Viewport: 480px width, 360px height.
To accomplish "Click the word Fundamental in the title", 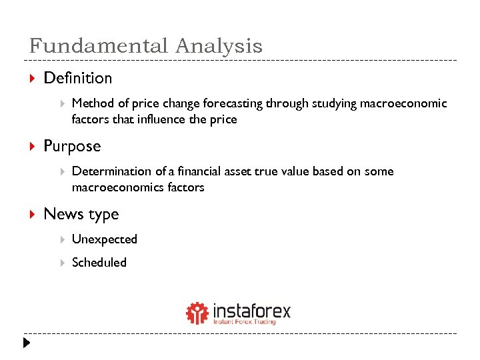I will pos(99,46).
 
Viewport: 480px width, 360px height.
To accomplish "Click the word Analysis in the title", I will pos(219,46).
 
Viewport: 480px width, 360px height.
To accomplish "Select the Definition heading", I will pos(77,78).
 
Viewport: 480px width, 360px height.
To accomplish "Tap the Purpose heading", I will pos(72,146).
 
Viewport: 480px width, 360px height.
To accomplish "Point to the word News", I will pos(61,214).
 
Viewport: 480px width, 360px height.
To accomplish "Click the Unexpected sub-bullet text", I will pos(104,239).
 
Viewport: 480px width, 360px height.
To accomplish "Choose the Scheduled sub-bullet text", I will pos(99,263).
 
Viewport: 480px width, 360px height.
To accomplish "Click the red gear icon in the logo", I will pos(197,313).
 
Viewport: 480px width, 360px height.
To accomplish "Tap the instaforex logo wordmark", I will pos(251,310).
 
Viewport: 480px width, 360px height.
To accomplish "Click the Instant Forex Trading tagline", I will pos(244,322).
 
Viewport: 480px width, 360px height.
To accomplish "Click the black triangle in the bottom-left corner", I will pos(25,344).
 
